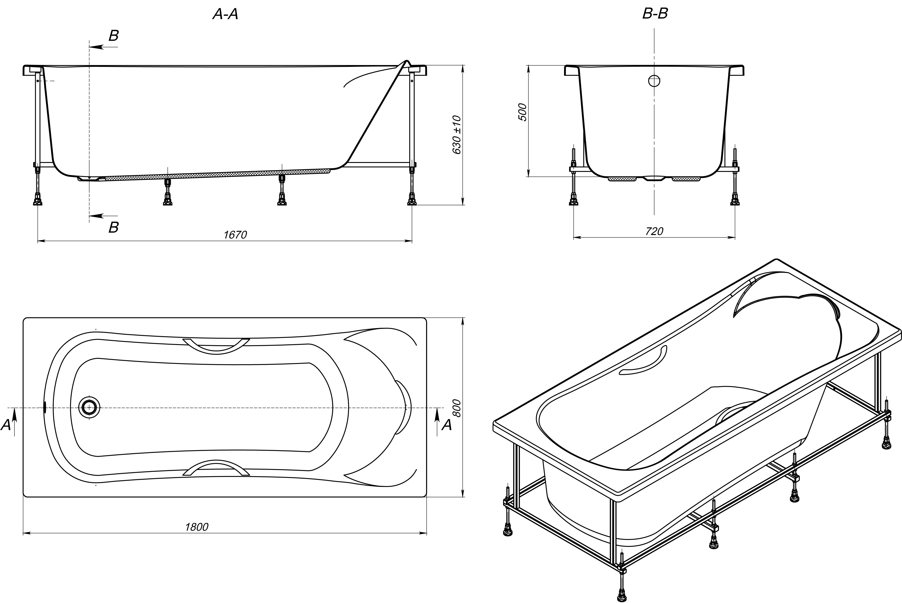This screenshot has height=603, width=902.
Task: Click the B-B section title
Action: pos(655,13)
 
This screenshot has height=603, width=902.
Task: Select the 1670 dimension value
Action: pos(235,235)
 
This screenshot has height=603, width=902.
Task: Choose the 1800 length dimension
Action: pos(197,527)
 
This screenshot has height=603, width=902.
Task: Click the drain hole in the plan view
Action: pos(89,407)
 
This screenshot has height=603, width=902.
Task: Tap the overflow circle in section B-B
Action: pos(654,81)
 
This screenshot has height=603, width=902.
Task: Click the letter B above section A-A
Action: pos(113,36)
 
